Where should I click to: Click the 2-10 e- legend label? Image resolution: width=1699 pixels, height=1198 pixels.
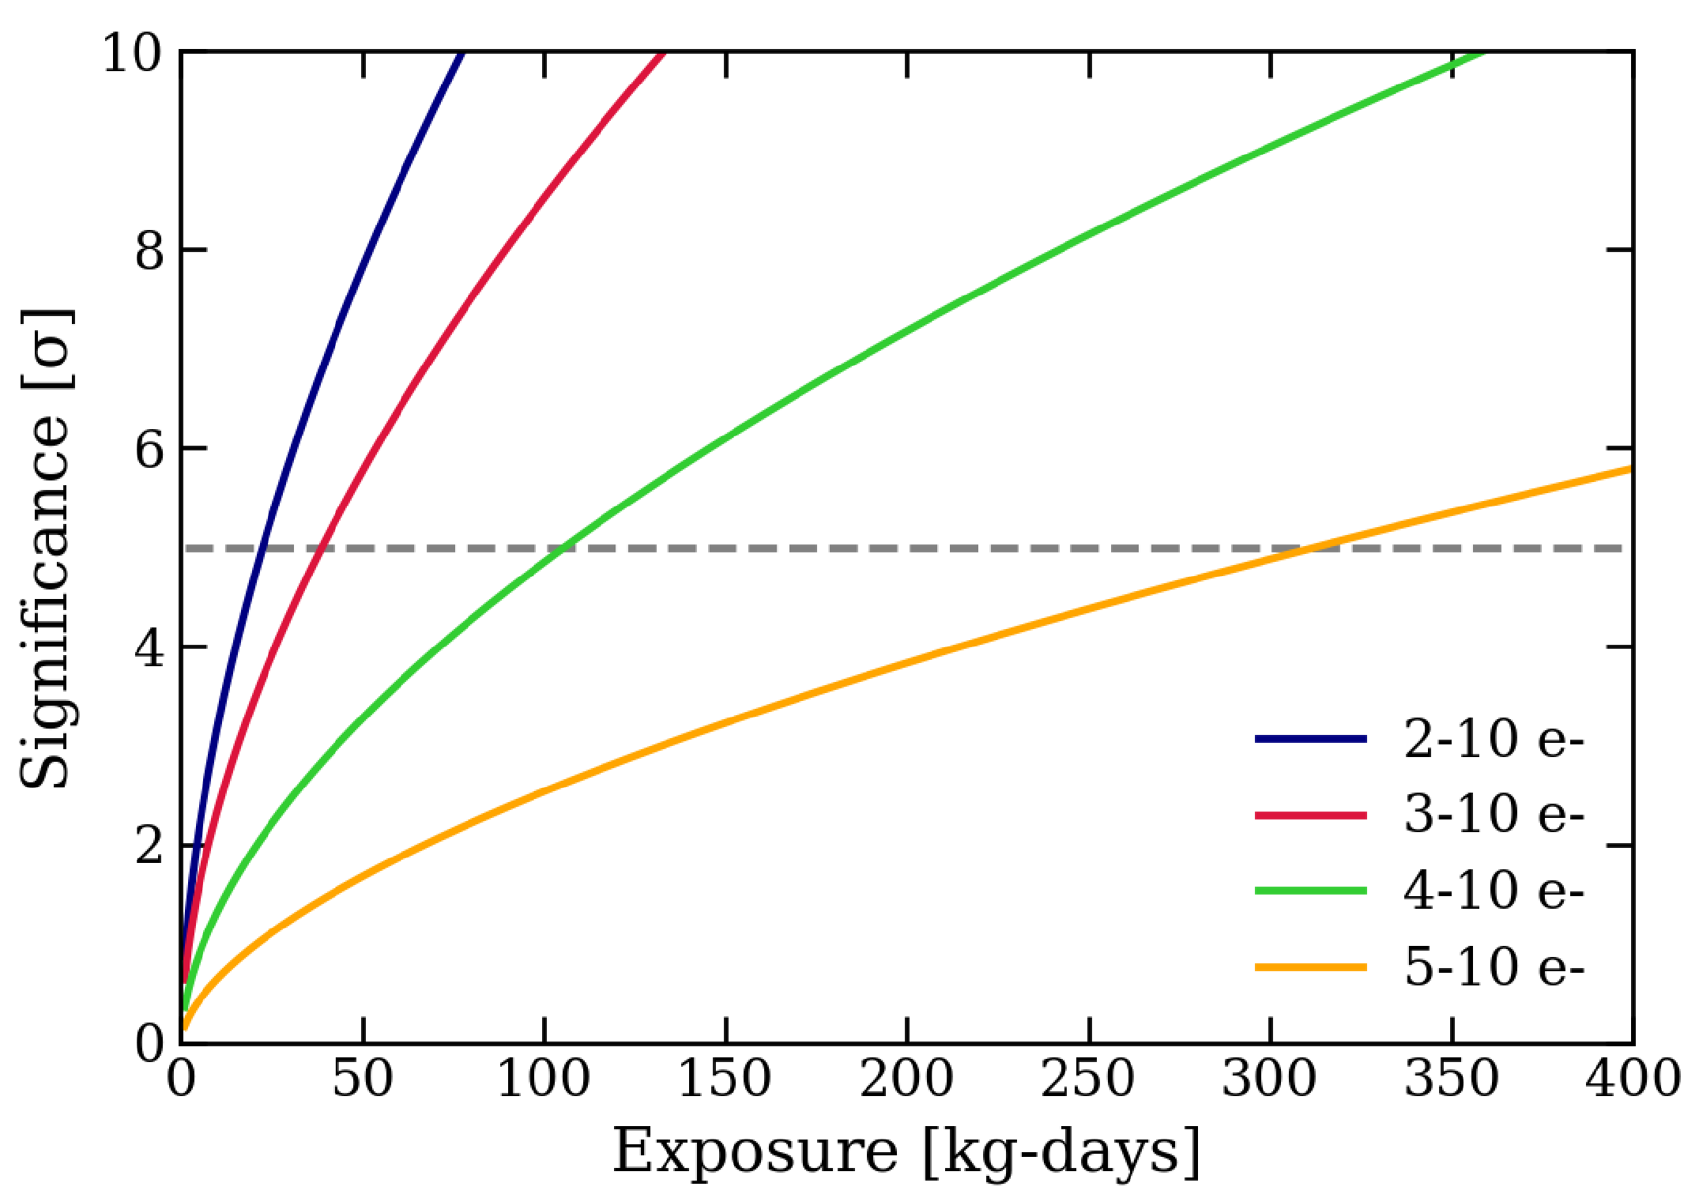(x=1494, y=740)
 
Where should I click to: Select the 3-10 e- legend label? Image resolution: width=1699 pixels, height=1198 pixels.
(x=1494, y=814)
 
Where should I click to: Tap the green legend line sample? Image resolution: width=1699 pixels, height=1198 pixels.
(x=1310, y=891)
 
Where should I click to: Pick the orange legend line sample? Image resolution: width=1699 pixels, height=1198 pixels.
(x=1310, y=966)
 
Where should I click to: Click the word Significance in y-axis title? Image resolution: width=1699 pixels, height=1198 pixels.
(x=46, y=601)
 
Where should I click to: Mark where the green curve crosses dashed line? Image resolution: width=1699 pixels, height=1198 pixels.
(x=561, y=548)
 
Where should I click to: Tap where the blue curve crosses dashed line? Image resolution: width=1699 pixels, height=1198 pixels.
(x=262, y=548)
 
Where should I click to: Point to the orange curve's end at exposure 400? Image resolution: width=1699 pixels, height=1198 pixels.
(x=1631, y=469)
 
